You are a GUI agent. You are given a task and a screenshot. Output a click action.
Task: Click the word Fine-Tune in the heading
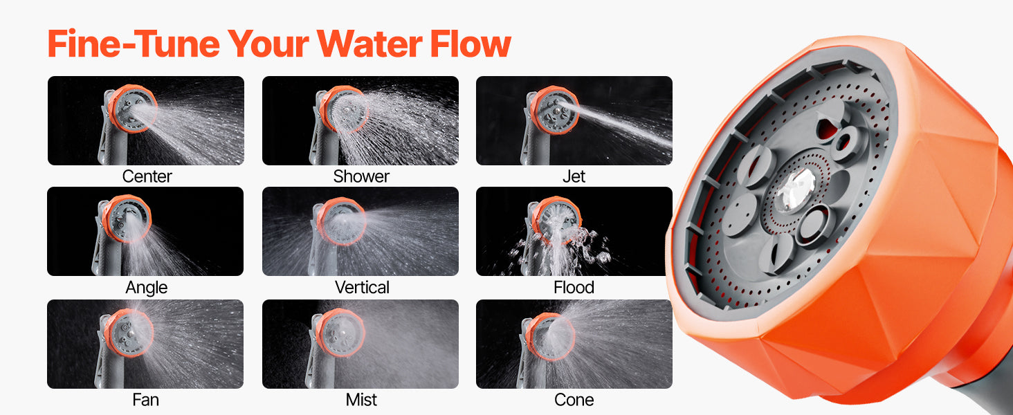point(134,44)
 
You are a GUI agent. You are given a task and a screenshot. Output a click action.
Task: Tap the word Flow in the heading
point(471,44)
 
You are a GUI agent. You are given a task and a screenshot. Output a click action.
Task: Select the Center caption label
point(147,176)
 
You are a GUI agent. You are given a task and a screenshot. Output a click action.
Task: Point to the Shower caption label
point(361,176)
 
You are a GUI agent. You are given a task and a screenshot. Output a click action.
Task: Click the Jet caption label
point(574,176)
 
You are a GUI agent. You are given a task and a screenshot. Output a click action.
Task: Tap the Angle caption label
point(146,288)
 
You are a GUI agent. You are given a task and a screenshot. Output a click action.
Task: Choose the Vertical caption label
point(362,288)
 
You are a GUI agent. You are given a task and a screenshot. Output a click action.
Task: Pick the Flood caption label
point(574,288)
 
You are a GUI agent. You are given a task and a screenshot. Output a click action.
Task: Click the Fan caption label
point(145,400)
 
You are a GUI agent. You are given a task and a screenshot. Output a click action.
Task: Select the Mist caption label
point(361,400)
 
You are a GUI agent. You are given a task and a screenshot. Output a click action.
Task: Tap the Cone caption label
point(574,400)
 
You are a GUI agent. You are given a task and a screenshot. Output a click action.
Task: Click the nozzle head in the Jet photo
point(555,110)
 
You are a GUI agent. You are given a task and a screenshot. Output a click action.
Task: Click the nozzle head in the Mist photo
point(340,333)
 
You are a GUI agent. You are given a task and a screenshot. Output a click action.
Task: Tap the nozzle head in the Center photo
point(133,109)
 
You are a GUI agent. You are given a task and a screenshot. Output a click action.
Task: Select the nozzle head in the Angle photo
point(127,219)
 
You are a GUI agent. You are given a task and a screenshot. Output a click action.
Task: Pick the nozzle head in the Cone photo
point(550,336)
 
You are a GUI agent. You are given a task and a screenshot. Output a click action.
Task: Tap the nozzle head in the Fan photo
point(129,333)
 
